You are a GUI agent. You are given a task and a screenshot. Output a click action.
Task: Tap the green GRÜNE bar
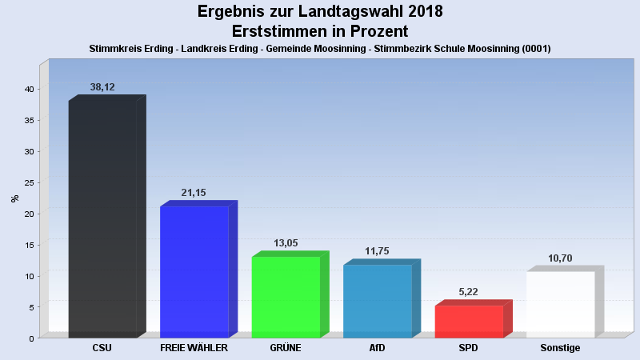[x=286, y=296]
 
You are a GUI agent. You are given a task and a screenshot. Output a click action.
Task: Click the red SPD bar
[x=469, y=321]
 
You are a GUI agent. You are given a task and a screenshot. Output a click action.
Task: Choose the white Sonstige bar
[x=560, y=303]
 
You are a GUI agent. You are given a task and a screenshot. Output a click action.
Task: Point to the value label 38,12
[x=102, y=87]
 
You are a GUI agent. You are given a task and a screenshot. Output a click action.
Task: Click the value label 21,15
[x=194, y=193]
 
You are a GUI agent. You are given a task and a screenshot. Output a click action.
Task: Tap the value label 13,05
[x=286, y=243]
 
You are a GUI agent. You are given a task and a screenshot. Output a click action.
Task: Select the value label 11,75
[x=377, y=251]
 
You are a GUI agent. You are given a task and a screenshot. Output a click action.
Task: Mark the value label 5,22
[x=469, y=292]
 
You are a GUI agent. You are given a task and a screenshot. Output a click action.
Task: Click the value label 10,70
[x=560, y=258]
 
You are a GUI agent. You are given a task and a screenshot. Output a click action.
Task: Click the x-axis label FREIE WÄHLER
[x=194, y=348]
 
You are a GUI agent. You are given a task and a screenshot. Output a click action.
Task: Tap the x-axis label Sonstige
[x=560, y=348]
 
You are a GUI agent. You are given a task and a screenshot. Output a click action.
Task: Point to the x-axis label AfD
[x=377, y=348]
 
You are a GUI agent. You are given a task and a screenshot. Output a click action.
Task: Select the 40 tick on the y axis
[x=28, y=89]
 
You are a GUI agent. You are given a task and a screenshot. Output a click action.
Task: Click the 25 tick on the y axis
[x=28, y=182]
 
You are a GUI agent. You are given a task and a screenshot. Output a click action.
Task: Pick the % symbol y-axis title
[x=14, y=198]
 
